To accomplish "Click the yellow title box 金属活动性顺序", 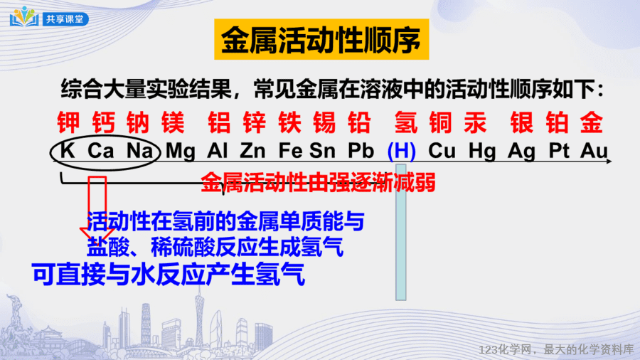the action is tap(321, 39).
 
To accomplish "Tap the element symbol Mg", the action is tap(181, 151).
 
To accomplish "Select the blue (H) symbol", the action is tap(401, 151).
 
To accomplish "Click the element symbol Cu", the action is tap(442, 151).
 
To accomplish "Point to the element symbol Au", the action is tap(594, 151).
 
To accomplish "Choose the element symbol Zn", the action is tap(252, 151).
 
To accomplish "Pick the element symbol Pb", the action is tap(361, 151).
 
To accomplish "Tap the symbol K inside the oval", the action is tap(68, 151).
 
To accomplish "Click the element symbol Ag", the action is tap(521, 152).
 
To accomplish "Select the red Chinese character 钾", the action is tap(68, 122).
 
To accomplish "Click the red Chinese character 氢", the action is tap(406, 122).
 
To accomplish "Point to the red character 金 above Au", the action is tap(592, 122).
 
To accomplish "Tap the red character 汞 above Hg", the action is tap(476, 122).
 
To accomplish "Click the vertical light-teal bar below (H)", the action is tap(401, 232).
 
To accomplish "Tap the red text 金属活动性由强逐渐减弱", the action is tap(319, 182).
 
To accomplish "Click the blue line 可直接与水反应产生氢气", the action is tap(169, 274).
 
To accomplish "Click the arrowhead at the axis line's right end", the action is tap(609, 162).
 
